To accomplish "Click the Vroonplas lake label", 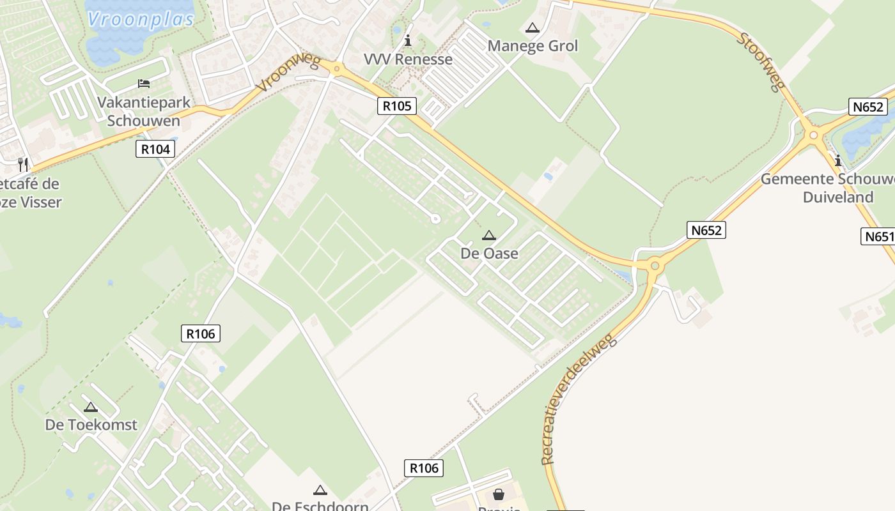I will (141, 19).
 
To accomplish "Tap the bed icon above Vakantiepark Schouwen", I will (144, 84).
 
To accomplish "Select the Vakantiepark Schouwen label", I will (143, 111).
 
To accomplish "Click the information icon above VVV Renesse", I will (408, 41).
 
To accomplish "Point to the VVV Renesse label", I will (408, 59).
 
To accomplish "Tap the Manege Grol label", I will (533, 46).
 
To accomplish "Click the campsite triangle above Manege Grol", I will (532, 28).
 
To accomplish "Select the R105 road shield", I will (397, 105).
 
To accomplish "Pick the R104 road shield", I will (155, 149).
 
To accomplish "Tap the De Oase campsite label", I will (489, 254).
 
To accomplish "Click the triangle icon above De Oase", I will (489, 236).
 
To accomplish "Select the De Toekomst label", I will (91, 425).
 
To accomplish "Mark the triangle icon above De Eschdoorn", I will (320, 491).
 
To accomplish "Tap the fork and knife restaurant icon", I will (23, 165).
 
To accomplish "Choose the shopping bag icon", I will (499, 494).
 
